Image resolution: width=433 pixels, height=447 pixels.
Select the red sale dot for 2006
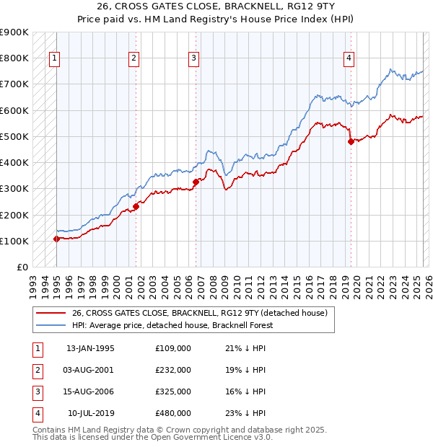196,182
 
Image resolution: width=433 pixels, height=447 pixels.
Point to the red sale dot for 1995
56,239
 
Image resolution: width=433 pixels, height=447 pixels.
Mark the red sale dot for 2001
136,206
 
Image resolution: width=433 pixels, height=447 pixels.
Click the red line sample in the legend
50,313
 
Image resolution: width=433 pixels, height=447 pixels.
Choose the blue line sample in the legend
50,325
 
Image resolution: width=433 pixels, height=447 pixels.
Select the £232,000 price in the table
173,370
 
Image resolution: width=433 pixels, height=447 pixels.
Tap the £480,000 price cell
173,413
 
